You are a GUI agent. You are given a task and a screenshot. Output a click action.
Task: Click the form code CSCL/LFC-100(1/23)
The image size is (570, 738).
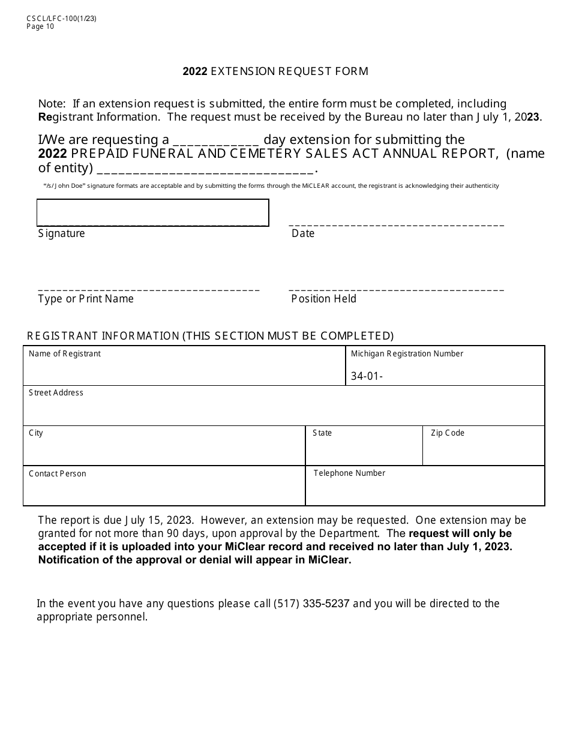coord(61,18)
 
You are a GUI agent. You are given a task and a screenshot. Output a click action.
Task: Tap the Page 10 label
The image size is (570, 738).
coord(40,26)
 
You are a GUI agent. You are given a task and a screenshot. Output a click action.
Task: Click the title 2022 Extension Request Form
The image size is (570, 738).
coord(275,71)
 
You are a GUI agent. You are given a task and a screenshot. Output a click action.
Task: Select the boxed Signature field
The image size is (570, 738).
coord(152,212)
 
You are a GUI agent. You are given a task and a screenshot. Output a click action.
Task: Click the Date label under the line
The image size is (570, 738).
coord(303,233)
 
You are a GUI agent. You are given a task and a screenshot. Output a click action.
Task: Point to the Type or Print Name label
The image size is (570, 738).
coord(86,299)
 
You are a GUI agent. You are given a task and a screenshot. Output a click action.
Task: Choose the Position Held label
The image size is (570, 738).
coord(323,299)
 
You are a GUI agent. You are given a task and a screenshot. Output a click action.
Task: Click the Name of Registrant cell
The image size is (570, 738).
coord(184,365)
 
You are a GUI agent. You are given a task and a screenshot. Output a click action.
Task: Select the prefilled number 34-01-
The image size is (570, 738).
coord(367,377)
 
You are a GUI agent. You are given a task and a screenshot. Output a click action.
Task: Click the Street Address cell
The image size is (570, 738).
coord(284,406)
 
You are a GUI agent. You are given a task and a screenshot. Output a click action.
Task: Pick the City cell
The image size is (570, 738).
coord(164,446)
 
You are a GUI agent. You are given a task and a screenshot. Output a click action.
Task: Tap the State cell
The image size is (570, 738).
coord(364,446)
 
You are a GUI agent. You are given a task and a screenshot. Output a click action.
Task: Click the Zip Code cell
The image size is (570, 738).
coord(484,446)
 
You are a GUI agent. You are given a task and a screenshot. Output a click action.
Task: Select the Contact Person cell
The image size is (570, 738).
coord(164,486)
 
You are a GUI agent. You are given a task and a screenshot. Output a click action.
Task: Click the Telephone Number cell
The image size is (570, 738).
coord(425,486)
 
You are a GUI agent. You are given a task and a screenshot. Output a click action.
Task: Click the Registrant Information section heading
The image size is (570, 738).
coord(211,336)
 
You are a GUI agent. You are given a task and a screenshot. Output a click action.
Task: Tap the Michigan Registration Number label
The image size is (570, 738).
coord(407,354)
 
